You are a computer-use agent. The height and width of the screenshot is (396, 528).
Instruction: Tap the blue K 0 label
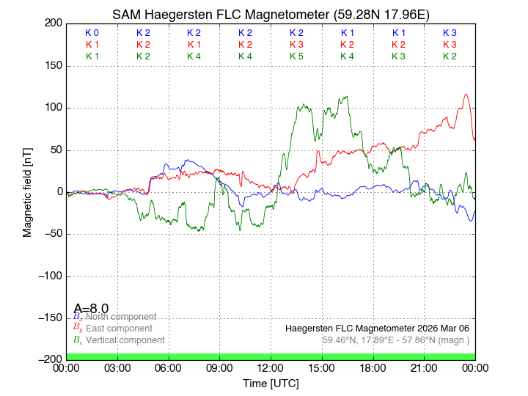point(92,33)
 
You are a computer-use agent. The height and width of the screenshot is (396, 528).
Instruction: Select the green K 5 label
point(296,56)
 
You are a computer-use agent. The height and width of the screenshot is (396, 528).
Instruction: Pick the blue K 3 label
point(450,33)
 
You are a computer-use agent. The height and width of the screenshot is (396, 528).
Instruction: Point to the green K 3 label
point(398,56)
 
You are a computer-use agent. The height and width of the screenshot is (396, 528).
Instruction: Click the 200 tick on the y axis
point(54,23)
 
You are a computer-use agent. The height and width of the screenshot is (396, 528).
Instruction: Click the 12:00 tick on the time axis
point(271,367)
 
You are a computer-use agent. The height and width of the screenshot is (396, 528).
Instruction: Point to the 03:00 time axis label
point(117,367)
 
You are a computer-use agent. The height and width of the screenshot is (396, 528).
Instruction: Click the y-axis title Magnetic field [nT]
point(28,191)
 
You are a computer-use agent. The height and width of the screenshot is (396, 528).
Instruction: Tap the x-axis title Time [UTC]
point(271,384)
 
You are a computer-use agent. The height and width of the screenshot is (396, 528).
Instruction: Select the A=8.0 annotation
point(91,309)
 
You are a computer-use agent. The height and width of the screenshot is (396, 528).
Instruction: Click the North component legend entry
point(114,317)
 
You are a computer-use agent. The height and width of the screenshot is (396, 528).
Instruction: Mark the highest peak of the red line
point(466,94)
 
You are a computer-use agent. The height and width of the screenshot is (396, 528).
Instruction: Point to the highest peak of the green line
point(346,97)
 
